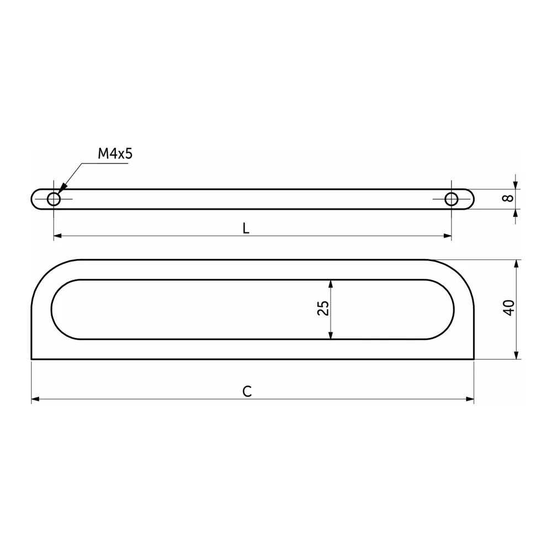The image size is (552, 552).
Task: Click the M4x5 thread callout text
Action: click(115, 153)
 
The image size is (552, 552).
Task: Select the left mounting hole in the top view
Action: click(54, 199)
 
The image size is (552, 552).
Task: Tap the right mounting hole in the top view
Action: click(452, 199)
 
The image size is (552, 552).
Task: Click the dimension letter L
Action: click(246, 229)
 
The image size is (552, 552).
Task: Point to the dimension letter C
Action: click(247, 391)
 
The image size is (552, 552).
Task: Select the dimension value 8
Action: click(509, 198)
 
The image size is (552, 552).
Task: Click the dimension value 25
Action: click(323, 308)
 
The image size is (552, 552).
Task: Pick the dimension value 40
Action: click(509, 307)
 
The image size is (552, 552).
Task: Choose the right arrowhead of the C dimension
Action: click(470, 399)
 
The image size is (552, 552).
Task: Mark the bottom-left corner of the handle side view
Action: click(31, 359)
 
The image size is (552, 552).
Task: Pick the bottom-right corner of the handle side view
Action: click(474, 359)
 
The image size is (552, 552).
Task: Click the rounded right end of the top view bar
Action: click(472, 199)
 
